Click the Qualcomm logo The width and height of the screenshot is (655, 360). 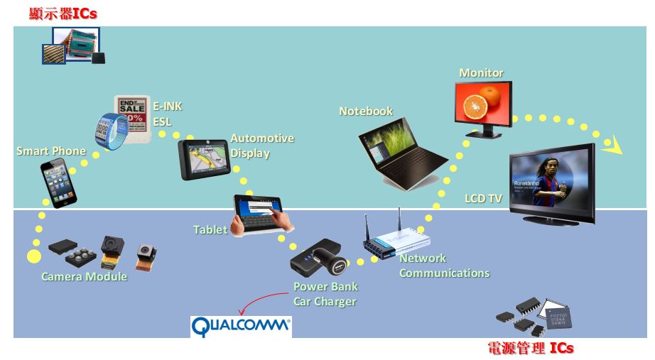[241, 327]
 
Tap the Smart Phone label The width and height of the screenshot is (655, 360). [50, 151]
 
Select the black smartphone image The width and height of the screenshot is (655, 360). [57, 182]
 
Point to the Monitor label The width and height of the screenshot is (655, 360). [481, 73]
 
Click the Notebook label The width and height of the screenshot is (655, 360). [365, 111]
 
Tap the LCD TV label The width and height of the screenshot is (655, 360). [483, 199]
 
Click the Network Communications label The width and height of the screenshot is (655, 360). [444, 266]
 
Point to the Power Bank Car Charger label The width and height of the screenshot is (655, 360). [325, 294]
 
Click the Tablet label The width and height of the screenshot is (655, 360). [210, 229]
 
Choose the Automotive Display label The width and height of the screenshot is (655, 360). [261, 146]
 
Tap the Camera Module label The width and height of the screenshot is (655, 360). [84, 276]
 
